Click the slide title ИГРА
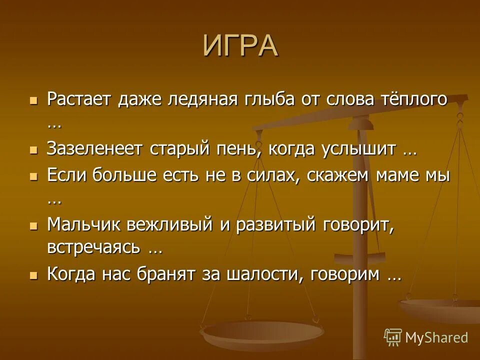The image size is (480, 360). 240,45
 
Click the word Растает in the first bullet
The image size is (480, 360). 80,98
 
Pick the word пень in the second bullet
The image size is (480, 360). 242,148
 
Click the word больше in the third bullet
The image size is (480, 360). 112,175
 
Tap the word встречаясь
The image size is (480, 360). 94,247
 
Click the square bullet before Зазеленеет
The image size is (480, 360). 33,149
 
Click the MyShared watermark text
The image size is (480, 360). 436,337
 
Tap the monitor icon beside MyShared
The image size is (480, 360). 392,337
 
